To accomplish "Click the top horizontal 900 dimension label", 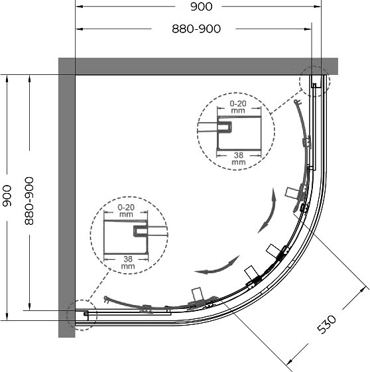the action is point(202,7).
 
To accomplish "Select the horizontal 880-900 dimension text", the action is point(196,29).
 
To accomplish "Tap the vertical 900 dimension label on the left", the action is point(7,196).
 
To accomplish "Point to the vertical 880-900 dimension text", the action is point(29,201).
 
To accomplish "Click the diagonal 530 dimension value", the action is point(327,324).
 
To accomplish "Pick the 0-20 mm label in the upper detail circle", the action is point(238,107).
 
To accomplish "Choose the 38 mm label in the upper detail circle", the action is point(239,158).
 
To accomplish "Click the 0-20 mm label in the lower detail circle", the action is point(126,211).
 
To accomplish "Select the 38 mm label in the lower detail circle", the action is point(128,263).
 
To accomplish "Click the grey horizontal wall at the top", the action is point(198,66).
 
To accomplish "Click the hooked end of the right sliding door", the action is point(297,102).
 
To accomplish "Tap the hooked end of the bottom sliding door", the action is point(107,300).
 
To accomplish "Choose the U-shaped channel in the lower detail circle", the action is point(141,231).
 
